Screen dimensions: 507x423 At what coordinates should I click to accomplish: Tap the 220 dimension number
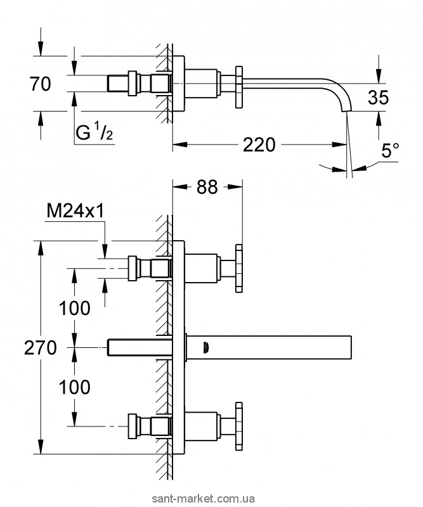pyautogui.click(x=259, y=145)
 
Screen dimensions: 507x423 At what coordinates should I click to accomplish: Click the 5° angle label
pyautogui.click(x=391, y=151)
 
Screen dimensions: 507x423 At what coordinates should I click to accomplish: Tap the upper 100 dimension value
pyautogui.click(x=74, y=308)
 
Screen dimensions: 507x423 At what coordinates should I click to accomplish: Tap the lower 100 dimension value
pyautogui.click(x=74, y=386)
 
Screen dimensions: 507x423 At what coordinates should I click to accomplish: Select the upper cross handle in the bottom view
pyautogui.click(x=240, y=268)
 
